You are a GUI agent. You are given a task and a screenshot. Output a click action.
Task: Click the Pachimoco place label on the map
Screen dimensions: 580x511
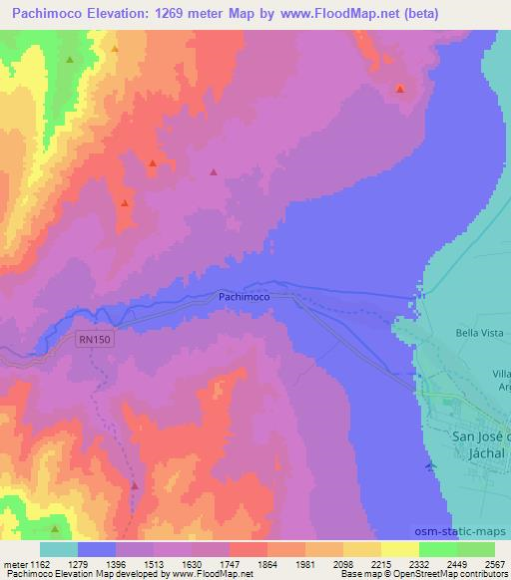[x=245, y=297]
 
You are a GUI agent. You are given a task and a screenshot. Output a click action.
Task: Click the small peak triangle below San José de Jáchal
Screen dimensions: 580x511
[x=429, y=466]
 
